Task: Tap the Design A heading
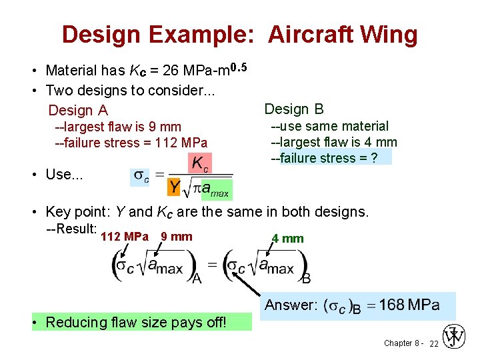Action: point(78,111)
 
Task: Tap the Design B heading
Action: point(294,109)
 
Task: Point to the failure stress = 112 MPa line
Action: point(131,143)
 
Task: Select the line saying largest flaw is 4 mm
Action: point(333,142)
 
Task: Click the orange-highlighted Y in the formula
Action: point(173,188)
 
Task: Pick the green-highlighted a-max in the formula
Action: point(216,190)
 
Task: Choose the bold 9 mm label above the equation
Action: point(176,237)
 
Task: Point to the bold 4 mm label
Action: point(288,239)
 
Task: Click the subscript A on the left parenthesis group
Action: point(197,277)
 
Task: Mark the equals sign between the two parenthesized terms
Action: point(212,265)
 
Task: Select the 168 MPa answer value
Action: point(409,305)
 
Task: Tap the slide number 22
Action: point(433,343)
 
